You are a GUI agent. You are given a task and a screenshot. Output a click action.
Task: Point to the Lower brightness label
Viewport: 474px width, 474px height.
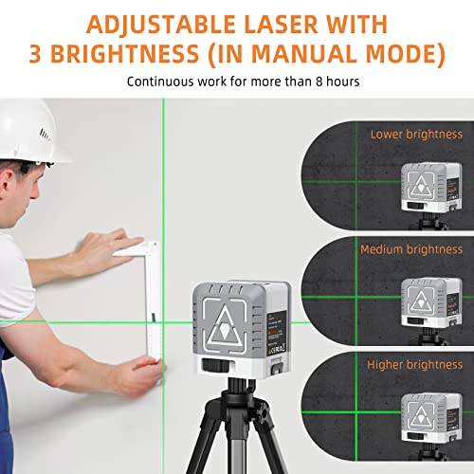click(x=416, y=135)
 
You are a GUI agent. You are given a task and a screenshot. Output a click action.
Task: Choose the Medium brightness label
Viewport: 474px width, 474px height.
click(x=411, y=249)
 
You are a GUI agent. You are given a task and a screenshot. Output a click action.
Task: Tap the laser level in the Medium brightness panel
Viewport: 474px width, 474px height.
click(x=417, y=301)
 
